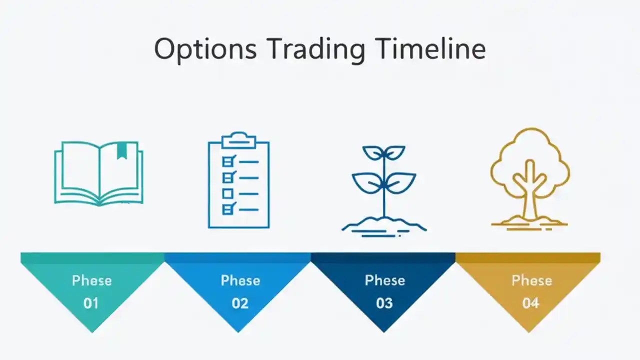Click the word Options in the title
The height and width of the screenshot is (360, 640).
click(205, 49)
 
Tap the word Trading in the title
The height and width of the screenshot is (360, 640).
click(315, 49)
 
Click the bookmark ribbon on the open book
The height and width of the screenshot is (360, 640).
click(121, 150)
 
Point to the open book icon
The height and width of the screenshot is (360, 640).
click(98, 173)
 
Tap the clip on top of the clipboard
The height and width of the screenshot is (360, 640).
click(238, 140)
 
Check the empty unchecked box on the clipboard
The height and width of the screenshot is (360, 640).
click(227, 193)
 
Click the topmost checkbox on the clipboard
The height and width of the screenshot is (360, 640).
click(228, 161)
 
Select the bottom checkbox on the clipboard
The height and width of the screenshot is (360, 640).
click(228, 209)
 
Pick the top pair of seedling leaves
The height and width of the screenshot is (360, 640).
click(384, 152)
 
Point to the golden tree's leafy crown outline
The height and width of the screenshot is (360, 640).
click(530, 150)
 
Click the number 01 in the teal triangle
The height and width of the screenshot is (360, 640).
click(91, 303)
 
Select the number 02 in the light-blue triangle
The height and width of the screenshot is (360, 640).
click(240, 303)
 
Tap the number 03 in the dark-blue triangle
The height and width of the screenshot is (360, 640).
click(384, 303)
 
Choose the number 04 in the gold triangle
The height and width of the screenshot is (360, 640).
click(530, 303)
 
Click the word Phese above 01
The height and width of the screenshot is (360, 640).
click(91, 280)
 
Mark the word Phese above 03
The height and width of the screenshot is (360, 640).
click(384, 280)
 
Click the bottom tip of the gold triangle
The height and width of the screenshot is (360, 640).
click(529, 330)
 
